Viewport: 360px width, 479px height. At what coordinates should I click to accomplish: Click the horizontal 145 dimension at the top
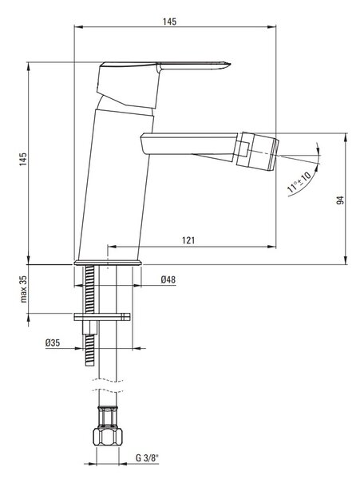point(169,22)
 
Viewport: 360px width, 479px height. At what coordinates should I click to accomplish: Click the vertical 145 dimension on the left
point(23,159)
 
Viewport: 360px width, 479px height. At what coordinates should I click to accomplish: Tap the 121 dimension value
point(188,240)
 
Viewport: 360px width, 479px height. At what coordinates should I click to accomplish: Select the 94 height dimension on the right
point(340,200)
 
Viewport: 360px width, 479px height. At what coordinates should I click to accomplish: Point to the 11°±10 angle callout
point(299,182)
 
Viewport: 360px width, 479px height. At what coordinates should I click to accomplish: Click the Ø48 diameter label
point(168,279)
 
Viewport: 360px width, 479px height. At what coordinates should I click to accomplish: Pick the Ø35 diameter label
point(53,342)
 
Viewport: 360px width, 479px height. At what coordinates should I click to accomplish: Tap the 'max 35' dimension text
point(24,289)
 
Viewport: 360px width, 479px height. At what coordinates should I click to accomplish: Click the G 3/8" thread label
point(148,458)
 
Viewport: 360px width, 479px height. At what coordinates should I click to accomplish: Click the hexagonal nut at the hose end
point(108,437)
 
